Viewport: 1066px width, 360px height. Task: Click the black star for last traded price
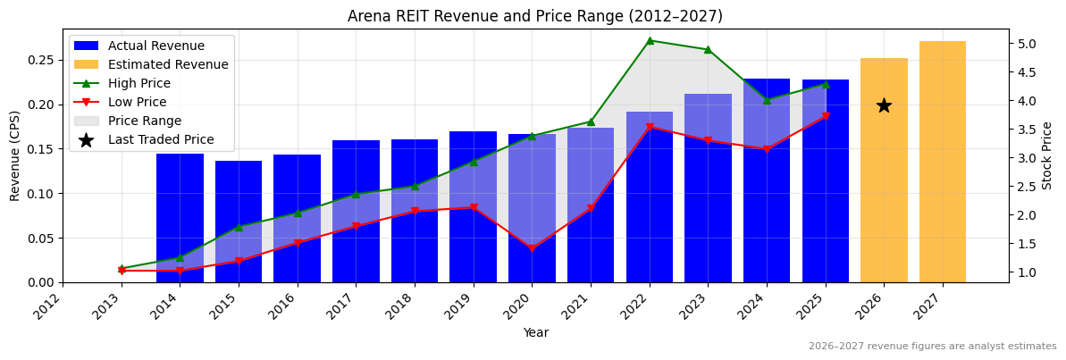(x=884, y=105)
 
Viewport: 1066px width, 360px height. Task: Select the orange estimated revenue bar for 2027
(x=943, y=161)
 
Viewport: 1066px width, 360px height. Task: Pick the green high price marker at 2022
(x=650, y=40)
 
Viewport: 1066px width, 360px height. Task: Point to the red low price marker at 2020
(x=532, y=248)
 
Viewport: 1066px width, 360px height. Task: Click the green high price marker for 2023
(x=708, y=49)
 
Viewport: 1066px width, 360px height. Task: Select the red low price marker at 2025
(x=826, y=116)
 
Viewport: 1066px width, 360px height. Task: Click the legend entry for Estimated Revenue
(x=168, y=64)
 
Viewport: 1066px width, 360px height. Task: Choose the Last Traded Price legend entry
(x=161, y=139)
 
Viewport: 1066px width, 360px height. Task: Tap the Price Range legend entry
(x=145, y=121)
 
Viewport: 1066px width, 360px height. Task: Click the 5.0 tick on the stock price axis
(x=1027, y=44)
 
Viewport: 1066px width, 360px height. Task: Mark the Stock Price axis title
(x=1048, y=155)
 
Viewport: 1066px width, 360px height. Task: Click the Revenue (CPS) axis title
(x=15, y=155)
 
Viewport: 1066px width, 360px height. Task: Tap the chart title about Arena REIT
(x=534, y=16)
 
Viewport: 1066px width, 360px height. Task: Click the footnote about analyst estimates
(x=932, y=347)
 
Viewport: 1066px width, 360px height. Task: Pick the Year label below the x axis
(x=535, y=333)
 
